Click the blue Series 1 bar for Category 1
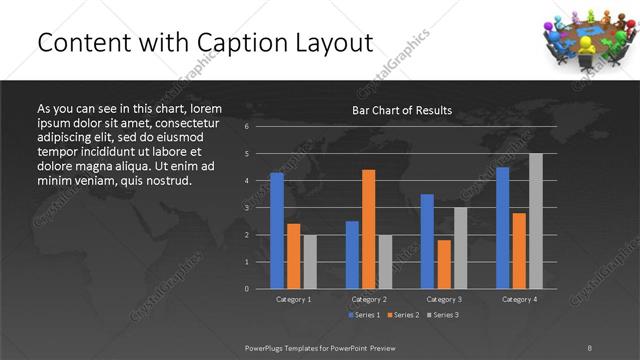(x=277, y=230)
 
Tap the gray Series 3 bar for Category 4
(x=536, y=220)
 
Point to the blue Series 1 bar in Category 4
(x=502, y=227)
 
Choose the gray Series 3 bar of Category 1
(x=310, y=261)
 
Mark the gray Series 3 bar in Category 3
(x=461, y=247)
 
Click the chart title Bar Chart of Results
(x=402, y=110)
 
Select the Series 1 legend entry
(x=365, y=316)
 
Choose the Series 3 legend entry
(x=441, y=316)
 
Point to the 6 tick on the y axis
(x=246, y=127)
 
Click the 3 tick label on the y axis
(x=246, y=208)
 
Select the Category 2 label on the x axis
(x=369, y=299)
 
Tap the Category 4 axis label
(x=519, y=299)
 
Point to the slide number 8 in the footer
(x=590, y=347)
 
